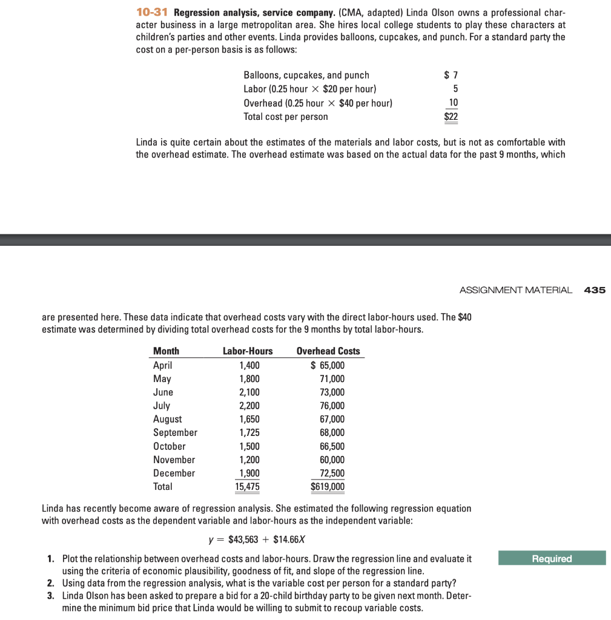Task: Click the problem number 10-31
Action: click(x=152, y=13)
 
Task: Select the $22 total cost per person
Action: click(x=451, y=117)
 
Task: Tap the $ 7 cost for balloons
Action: click(x=451, y=75)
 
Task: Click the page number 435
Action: click(x=595, y=290)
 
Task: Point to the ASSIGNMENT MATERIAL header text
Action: click(x=515, y=290)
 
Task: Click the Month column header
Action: click(x=166, y=351)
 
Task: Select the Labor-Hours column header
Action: click(x=248, y=351)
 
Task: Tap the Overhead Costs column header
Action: click(x=328, y=351)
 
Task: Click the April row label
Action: click(x=162, y=365)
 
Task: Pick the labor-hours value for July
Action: click(x=249, y=406)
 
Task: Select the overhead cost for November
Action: click(x=332, y=460)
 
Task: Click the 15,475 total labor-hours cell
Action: click(x=248, y=487)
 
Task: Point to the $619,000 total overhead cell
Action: click(x=328, y=487)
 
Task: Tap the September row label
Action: click(x=175, y=432)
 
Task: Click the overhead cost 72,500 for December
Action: click(x=332, y=473)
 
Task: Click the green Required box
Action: click(x=552, y=558)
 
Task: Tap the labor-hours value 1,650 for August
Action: click(x=249, y=419)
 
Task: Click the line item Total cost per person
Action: click(x=285, y=117)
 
